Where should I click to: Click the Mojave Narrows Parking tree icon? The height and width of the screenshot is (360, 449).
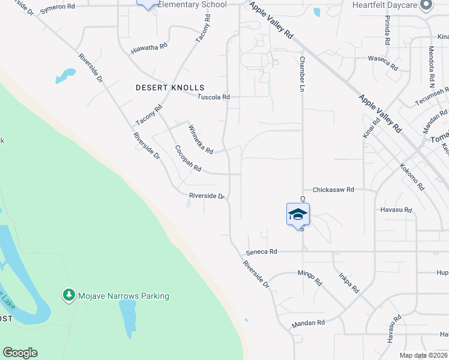click(x=69, y=295)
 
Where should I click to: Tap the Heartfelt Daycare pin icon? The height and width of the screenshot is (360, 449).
click(x=427, y=5)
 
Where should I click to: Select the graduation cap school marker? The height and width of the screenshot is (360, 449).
click(x=298, y=215)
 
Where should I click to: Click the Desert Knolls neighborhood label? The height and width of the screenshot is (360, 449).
click(x=170, y=88)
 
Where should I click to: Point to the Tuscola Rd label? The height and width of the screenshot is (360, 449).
click(x=214, y=97)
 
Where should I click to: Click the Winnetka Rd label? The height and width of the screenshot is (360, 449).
click(x=200, y=140)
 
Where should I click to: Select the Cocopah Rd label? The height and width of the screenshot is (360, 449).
click(x=188, y=158)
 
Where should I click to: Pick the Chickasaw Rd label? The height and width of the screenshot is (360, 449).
click(x=330, y=189)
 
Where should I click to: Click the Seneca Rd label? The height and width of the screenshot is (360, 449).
click(x=265, y=252)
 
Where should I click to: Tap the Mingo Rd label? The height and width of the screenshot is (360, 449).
click(x=310, y=278)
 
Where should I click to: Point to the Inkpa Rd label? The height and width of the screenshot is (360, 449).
click(x=349, y=282)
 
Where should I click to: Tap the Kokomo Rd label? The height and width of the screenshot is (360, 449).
click(x=412, y=178)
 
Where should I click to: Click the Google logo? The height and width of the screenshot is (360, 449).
click(x=20, y=353)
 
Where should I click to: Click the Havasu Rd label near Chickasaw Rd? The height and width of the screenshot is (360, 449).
click(x=396, y=210)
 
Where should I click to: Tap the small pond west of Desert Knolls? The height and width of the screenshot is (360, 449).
click(x=65, y=76)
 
